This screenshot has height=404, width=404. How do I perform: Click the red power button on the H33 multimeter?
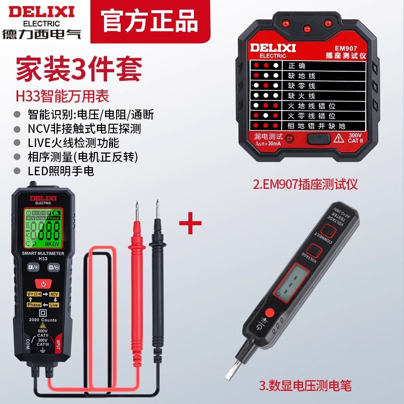[43, 284]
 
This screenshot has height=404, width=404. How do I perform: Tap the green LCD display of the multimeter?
[43, 227]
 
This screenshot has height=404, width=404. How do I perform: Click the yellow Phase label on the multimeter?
[34, 305]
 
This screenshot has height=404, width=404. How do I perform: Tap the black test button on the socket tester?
[317, 139]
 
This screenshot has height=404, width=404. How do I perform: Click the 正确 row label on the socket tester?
[297, 66]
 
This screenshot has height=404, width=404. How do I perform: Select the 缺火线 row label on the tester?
[301, 95]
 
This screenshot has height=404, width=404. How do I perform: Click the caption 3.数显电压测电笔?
[305, 386]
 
